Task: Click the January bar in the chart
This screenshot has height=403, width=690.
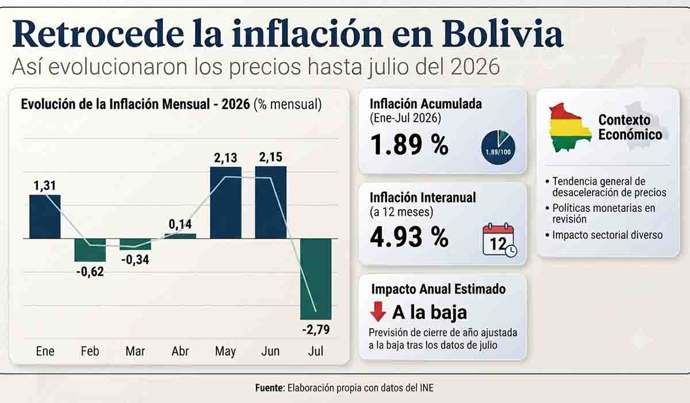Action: [45, 216]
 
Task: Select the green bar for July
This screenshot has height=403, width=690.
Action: [316, 279]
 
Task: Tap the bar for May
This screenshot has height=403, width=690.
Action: [226, 203]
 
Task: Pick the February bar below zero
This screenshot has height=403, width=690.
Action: [90, 250]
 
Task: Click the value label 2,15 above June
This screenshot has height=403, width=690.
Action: [270, 157]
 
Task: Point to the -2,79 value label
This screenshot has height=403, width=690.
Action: [316, 330]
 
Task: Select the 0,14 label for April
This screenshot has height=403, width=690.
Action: [180, 224]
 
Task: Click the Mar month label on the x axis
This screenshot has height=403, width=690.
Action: [135, 351]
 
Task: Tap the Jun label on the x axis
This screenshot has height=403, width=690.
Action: [270, 351]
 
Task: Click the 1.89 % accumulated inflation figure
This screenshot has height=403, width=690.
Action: [409, 145]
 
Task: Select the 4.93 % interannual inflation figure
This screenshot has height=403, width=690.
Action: [409, 237]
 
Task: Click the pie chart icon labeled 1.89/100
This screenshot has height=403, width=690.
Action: [498, 147]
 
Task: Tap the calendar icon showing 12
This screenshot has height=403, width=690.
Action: [500, 240]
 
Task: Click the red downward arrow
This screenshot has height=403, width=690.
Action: [378, 311]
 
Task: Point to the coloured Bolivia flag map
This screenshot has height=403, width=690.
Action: [570, 127]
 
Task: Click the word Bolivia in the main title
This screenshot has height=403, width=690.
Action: [503, 33]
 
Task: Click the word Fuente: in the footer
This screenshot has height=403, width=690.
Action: [270, 387]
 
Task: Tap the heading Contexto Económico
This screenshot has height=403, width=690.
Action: [630, 127]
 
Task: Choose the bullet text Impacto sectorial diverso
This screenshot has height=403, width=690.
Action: [607, 235]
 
